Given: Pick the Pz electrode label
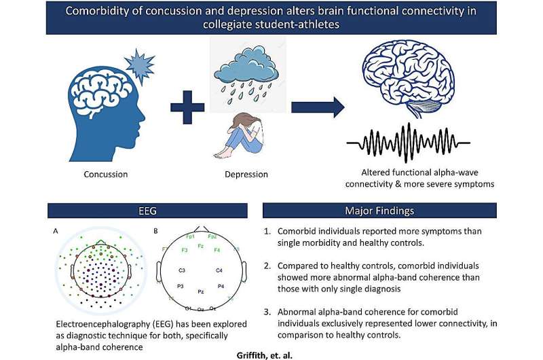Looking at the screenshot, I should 202,291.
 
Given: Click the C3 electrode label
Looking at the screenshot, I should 182,270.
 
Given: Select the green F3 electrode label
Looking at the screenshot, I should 184,251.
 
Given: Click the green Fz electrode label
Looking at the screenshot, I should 202,247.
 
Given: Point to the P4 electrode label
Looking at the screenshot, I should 220,286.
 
